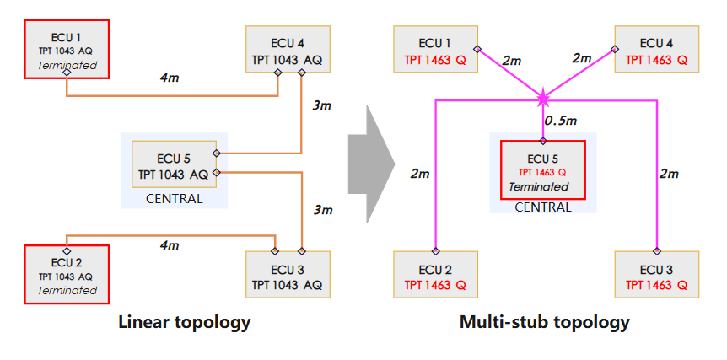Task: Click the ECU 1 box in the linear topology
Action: (x=67, y=48)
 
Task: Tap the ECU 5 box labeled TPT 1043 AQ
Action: (x=174, y=165)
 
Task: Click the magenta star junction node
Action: (x=543, y=99)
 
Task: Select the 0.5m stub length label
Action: (x=561, y=121)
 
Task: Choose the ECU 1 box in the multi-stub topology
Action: (x=436, y=50)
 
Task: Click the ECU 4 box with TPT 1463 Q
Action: (x=656, y=50)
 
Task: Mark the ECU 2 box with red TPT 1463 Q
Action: (x=436, y=275)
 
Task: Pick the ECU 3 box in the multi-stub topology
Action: (x=656, y=275)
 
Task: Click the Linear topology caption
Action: (x=185, y=322)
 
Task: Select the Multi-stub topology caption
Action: (x=544, y=322)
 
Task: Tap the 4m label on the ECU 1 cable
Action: (x=169, y=78)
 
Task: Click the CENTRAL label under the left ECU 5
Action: (x=174, y=199)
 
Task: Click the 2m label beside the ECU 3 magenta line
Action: (x=668, y=174)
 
